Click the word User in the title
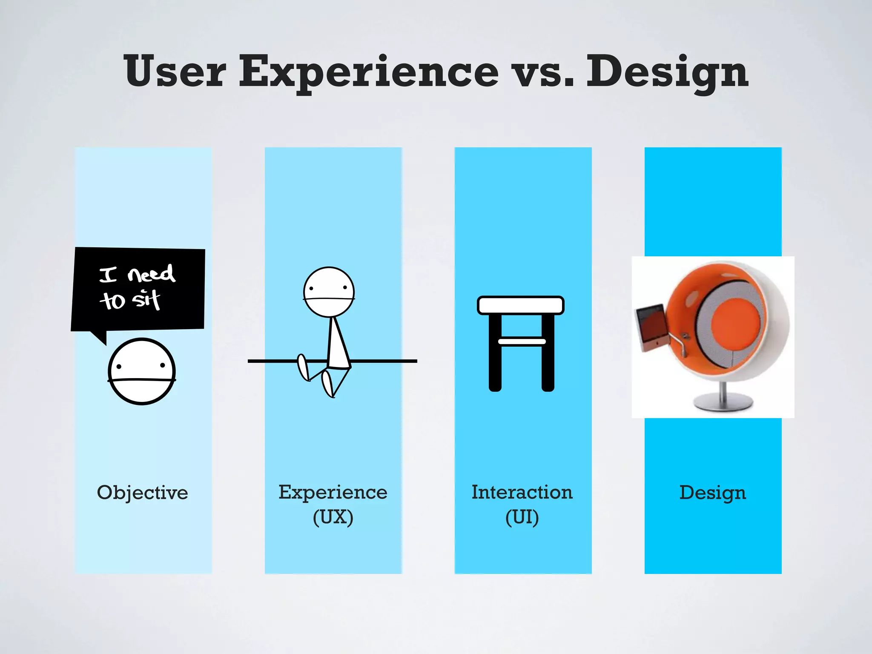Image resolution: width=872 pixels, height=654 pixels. point(175,72)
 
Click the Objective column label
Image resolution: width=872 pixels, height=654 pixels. point(142,493)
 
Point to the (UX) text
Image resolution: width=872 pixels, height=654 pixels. point(333,517)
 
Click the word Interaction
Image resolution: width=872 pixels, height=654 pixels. point(522,492)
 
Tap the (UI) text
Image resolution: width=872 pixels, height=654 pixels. point(522,517)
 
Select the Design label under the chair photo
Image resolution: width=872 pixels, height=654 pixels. point(712,493)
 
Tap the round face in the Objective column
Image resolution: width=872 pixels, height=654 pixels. point(142,371)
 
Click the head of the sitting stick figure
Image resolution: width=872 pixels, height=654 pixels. point(329,292)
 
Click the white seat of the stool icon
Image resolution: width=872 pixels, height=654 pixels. point(521,305)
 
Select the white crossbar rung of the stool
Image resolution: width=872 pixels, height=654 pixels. point(522,341)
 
